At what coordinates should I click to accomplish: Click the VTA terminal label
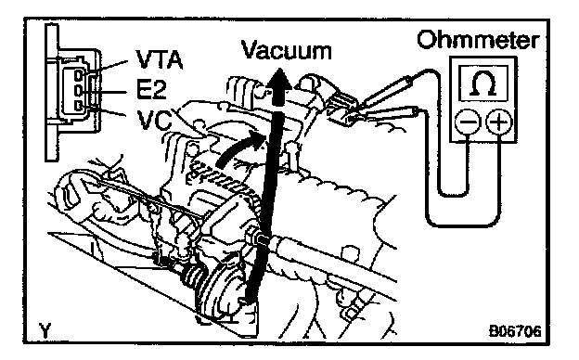coord(160,59)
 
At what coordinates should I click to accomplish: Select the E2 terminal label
coord(151,90)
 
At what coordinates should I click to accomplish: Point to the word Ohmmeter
coord(479,40)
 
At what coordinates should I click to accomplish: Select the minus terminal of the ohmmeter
coord(468,122)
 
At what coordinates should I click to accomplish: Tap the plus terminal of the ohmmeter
coord(499,122)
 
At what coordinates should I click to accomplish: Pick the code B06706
coord(515,331)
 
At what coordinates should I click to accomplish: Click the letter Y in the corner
coord(45,330)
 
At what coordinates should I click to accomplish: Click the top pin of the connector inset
coord(78,75)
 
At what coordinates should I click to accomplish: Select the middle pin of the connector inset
coord(78,90)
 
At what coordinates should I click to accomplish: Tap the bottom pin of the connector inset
coord(78,106)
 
